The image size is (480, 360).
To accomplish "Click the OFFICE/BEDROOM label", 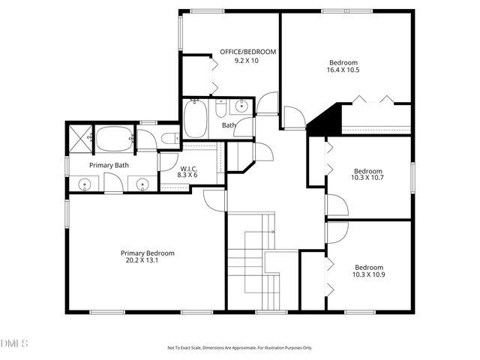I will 247,52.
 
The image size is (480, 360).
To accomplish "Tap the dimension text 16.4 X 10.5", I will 343,70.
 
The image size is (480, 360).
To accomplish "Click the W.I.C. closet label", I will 187,169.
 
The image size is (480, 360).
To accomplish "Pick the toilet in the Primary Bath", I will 169,138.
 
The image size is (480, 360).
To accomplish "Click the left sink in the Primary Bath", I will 85,182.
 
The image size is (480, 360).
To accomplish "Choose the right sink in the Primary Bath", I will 141,182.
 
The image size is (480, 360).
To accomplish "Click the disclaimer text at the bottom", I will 239,348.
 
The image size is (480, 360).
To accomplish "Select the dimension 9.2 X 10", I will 246,60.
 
